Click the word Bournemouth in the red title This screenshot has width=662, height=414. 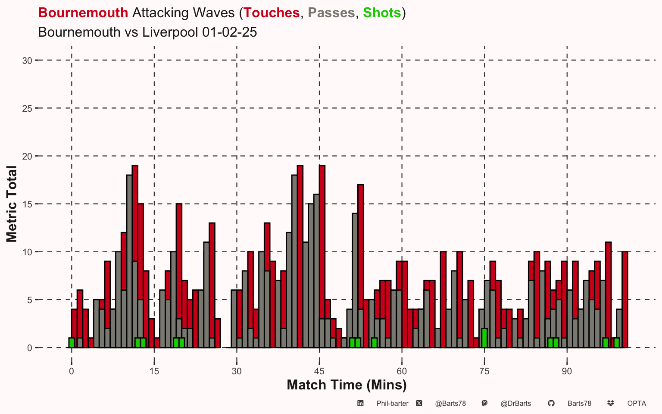tap(83, 13)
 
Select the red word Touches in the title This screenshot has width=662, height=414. tap(272, 13)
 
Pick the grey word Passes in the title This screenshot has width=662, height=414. tap(331, 13)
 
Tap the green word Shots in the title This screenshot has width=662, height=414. tap(382, 13)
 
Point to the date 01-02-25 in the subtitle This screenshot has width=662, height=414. tap(230, 32)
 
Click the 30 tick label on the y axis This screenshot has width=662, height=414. tap(27, 61)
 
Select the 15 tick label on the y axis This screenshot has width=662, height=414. tap(27, 204)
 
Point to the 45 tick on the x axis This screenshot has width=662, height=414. tap(319, 371)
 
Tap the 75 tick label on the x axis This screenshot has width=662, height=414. tap(484, 371)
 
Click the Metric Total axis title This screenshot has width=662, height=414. tap(12, 204)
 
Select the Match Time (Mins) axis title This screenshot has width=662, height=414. tap(347, 385)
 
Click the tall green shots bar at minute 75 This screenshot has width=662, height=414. tap(484, 338)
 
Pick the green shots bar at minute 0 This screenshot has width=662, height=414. tap(72, 343)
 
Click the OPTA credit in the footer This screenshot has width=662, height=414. tap(637, 404)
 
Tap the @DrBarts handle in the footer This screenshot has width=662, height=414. tap(516, 404)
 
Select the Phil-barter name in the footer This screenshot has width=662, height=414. tap(393, 404)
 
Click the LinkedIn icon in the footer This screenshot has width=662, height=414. tap(360, 403)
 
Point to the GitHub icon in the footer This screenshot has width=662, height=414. tap(551, 403)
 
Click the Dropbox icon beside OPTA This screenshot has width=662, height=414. tap(611, 403)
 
